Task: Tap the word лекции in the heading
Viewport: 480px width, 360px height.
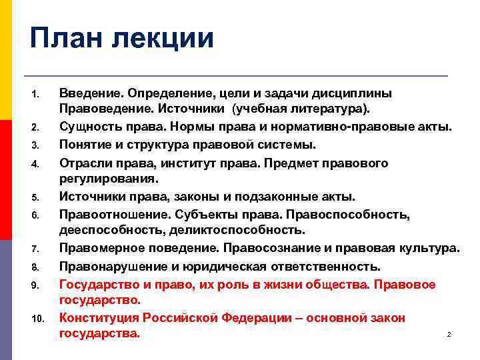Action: click(165, 38)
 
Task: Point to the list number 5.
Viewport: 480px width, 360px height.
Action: click(37, 197)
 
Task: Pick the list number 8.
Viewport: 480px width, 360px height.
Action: click(37, 267)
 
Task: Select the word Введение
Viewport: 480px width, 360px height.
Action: click(91, 92)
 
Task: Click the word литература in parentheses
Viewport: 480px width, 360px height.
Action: click(335, 109)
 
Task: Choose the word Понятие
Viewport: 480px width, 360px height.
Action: click(85, 144)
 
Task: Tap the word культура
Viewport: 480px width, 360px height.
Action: click(427, 248)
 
